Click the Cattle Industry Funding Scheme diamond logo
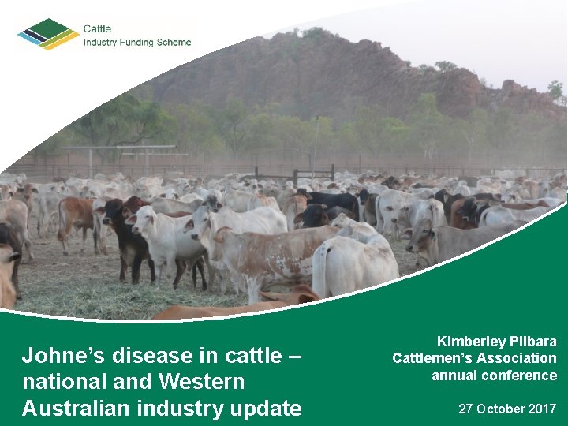click(x=48, y=34)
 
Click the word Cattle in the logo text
click(x=98, y=29)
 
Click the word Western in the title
click(x=201, y=382)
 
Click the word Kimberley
click(x=473, y=342)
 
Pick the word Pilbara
click(x=535, y=342)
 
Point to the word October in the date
click(x=501, y=409)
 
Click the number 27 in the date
click(x=466, y=409)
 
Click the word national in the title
click(x=57, y=382)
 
